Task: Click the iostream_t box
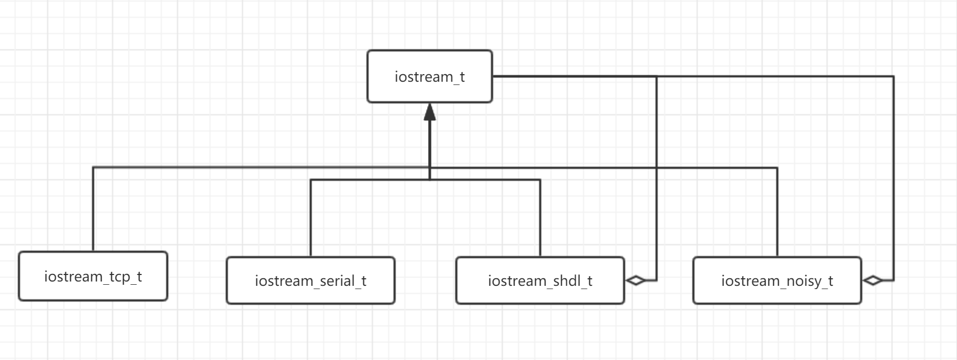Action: (x=430, y=76)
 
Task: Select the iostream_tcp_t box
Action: (x=93, y=276)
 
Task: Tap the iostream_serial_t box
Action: (x=311, y=280)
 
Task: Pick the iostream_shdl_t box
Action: (x=540, y=280)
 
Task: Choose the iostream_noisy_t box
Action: (x=777, y=280)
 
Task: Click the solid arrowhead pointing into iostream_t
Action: (x=430, y=112)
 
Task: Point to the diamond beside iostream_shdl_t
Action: (x=635, y=280)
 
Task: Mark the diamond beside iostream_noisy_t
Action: (x=873, y=280)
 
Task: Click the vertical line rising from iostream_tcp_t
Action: (x=93, y=209)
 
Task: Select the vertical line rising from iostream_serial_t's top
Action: (x=311, y=218)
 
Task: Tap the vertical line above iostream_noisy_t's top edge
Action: (x=777, y=212)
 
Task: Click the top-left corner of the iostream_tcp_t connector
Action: (x=93, y=167)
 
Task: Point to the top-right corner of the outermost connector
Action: (x=893, y=76)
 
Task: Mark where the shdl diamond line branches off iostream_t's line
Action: (x=657, y=76)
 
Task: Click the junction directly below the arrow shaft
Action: (x=430, y=179)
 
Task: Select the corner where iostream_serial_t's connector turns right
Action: (x=311, y=179)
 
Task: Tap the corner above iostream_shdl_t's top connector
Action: (x=540, y=179)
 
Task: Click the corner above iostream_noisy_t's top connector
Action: (x=777, y=168)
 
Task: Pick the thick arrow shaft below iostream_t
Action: (x=430, y=149)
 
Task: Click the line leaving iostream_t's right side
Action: (x=693, y=76)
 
